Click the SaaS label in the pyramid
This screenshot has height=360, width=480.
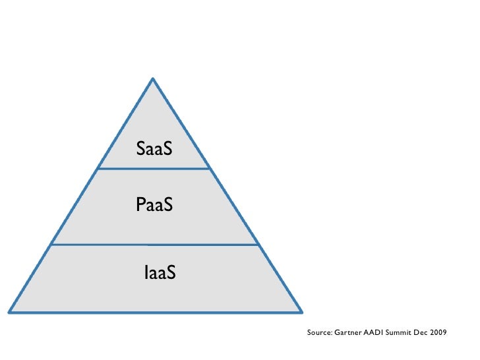pos(154,149)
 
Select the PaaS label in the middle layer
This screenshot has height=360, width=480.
pos(154,205)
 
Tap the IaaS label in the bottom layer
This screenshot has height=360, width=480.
pos(160,271)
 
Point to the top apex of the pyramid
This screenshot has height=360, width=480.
pos(153,79)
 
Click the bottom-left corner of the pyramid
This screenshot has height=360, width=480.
pos(9,311)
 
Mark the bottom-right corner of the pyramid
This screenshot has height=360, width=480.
pos(301,311)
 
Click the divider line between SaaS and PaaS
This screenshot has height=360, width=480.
pos(154,169)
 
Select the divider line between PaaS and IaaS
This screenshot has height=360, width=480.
pos(154,245)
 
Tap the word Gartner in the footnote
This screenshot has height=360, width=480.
pos(349,333)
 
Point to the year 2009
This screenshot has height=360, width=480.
pos(438,333)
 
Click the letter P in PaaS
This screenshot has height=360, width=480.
pos(140,205)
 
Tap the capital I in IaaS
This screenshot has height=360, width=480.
pos(146,271)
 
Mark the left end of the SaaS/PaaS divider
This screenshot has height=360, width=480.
pos(98,169)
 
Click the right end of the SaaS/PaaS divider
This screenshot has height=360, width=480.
pos(210,169)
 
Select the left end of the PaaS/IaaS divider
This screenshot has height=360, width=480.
pos(51,245)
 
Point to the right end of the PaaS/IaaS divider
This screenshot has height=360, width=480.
pos(257,245)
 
